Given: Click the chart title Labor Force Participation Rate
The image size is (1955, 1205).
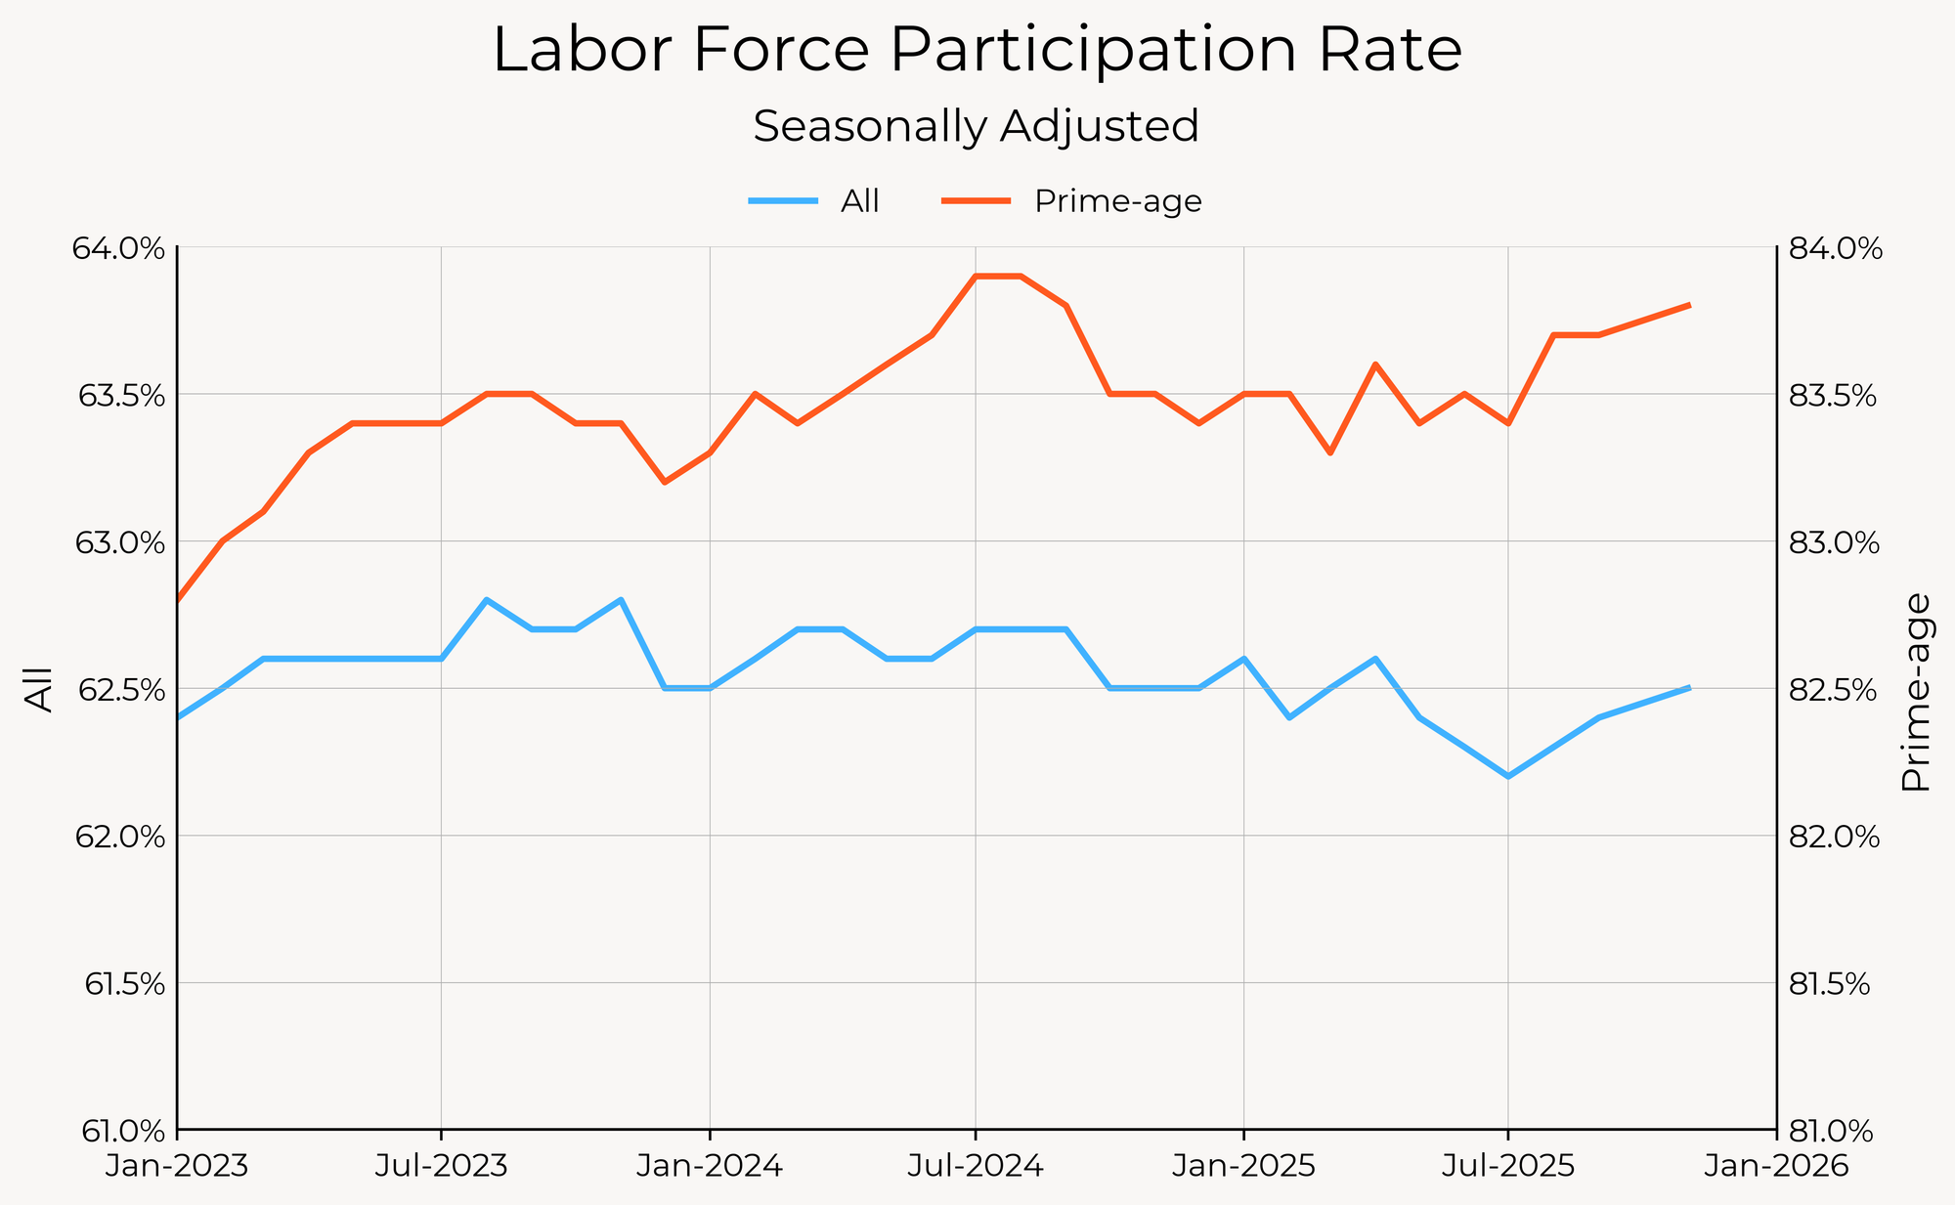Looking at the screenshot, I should point(977,51).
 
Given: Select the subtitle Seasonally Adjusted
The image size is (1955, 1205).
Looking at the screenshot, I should point(977,127).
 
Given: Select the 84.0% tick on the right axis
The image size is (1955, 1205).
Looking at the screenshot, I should point(1834,248).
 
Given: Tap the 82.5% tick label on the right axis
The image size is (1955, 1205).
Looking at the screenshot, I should point(1834,690).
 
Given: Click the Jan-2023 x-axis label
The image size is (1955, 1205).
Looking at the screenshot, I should point(177,1168).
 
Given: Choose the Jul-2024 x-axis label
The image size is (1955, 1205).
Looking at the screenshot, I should point(975,1168).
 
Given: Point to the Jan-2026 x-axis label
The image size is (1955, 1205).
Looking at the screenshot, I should point(1775,1168).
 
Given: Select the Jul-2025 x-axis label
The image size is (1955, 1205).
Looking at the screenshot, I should point(1508,1168).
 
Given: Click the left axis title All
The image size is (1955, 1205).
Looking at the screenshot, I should point(39,689).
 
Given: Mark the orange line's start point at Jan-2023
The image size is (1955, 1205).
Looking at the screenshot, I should point(178,600).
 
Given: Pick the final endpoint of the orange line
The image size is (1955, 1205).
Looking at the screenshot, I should point(1690,305).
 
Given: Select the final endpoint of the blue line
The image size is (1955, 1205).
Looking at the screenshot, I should point(1690,688).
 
